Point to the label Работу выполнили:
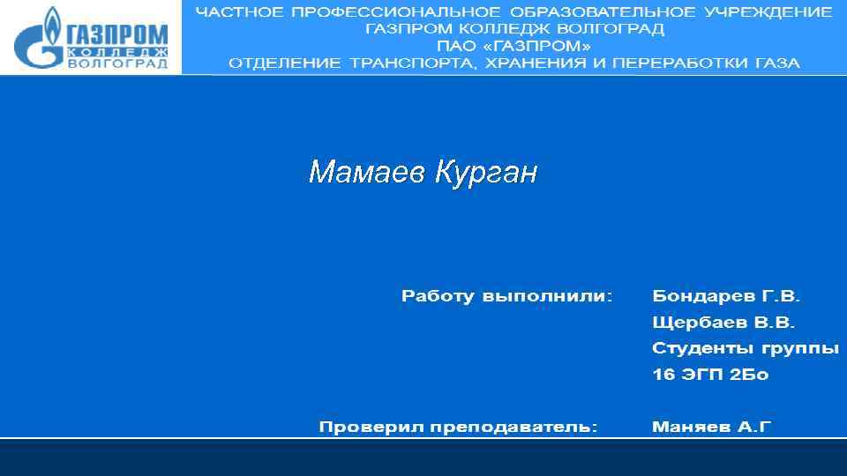point(506,296)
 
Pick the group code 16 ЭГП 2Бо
point(710,375)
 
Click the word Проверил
point(370,428)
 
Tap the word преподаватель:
point(513,428)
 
